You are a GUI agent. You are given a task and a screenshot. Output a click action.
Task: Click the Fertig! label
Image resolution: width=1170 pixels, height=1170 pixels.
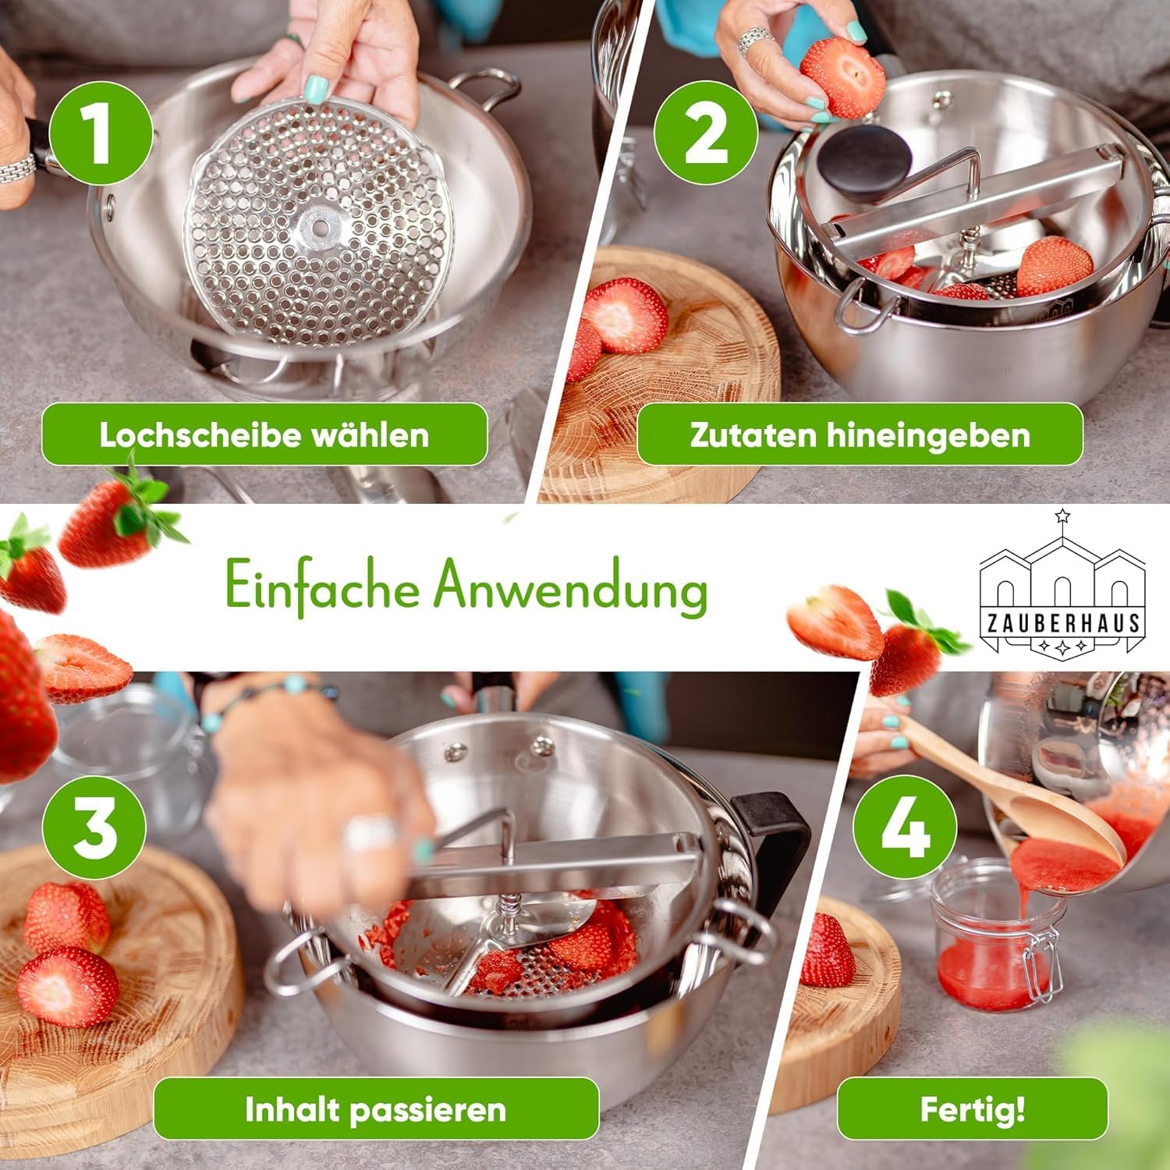tap(972, 1109)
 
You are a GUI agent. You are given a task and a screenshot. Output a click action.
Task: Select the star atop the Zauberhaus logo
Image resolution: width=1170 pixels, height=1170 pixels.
tap(1061, 516)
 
